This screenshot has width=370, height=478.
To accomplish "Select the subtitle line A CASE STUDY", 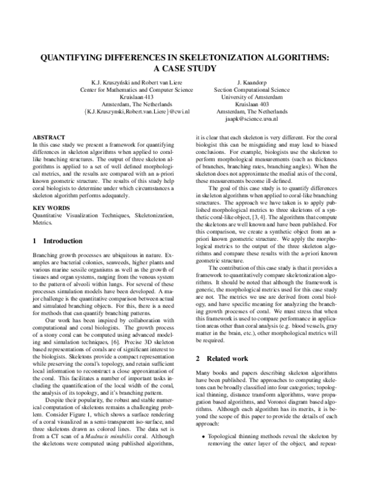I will tap(184, 69).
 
